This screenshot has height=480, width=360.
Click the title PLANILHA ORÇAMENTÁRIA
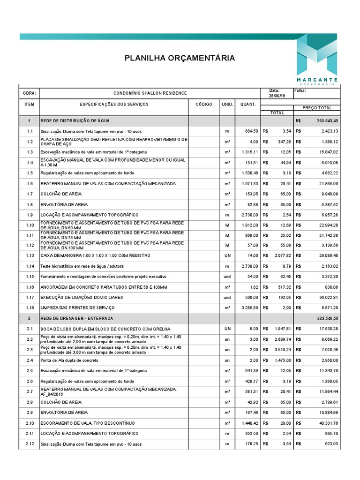pyautogui.click(x=180, y=58)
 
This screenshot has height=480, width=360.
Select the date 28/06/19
pyautogui.click(x=274, y=96)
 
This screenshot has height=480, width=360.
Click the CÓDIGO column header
pyautogui.click(x=204, y=104)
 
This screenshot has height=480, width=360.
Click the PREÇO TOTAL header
pyautogui.click(x=317, y=108)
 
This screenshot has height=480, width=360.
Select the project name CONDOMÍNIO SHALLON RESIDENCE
pyautogui.click(x=150, y=94)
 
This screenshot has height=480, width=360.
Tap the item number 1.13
pyautogui.click(x=30, y=255)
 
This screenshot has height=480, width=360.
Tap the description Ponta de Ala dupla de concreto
pyautogui.click(x=69, y=360)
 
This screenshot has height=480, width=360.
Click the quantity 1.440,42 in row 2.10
pyautogui.click(x=249, y=423)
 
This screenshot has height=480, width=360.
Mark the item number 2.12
pyautogui.click(x=30, y=443)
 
